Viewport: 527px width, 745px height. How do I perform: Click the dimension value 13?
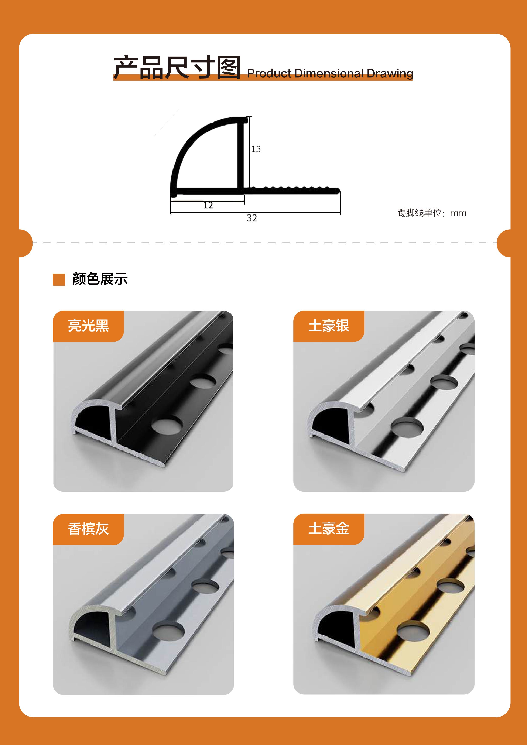click(x=256, y=149)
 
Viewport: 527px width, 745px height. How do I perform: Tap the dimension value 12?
click(x=208, y=205)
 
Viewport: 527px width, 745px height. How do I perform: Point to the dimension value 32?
click(x=252, y=218)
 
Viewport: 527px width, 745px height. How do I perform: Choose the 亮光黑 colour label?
click(x=88, y=325)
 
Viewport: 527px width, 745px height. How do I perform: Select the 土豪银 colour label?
click(x=329, y=325)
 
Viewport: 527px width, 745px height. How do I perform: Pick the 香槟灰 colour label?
click(x=88, y=529)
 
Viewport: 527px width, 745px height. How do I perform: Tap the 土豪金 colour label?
click(x=329, y=529)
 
